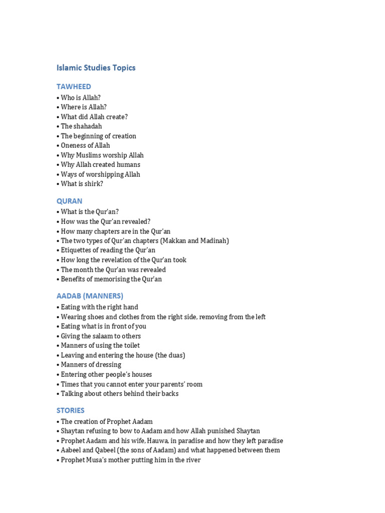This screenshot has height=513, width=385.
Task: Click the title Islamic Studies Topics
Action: pyautogui.click(x=96, y=68)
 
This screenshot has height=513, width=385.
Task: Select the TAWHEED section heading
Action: pyautogui.click(x=74, y=87)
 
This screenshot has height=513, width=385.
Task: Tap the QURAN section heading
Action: pyautogui.click(x=69, y=201)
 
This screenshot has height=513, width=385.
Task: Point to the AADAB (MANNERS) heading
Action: pyautogui.click(x=90, y=296)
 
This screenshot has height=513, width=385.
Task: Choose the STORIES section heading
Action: pyautogui.click(x=70, y=410)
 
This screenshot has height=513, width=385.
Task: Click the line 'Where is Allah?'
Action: pyautogui.click(x=83, y=107)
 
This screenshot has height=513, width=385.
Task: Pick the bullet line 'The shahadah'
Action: pyautogui.click(x=81, y=126)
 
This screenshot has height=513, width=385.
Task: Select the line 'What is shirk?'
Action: pyautogui.click(x=82, y=184)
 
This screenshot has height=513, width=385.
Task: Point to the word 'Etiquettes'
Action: pyautogui.click(x=77, y=250)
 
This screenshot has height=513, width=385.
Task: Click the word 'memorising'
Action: pyautogui.click(x=112, y=279)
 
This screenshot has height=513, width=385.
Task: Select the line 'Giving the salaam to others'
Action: pyautogui.click(x=100, y=336)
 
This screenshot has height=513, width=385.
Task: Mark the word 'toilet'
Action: pyautogui.click(x=130, y=346)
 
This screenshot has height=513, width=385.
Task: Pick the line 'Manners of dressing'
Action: pyautogui.click(x=91, y=365)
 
